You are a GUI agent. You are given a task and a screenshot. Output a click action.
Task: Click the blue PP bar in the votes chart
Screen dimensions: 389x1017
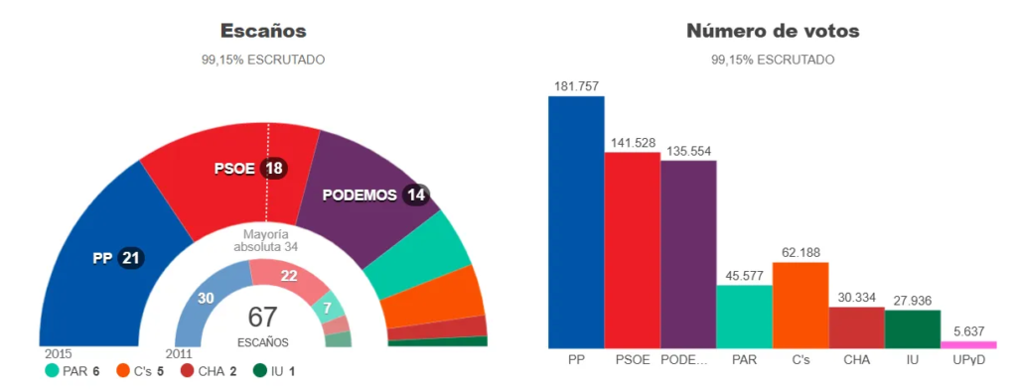pyautogui.click(x=576, y=223)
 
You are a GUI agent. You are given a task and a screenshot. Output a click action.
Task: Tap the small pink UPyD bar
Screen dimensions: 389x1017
pyautogui.click(x=968, y=343)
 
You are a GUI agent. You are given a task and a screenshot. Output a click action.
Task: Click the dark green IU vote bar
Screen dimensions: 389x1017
pyautogui.click(x=912, y=328)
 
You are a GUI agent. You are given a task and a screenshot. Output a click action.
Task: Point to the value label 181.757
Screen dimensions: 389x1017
pyautogui.click(x=576, y=86)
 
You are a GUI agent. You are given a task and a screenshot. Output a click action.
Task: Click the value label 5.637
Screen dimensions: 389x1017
pyautogui.click(x=968, y=332)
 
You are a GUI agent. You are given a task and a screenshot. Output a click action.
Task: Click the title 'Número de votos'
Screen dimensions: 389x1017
pyautogui.click(x=773, y=32)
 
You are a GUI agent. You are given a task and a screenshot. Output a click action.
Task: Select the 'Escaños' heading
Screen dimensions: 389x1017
pyautogui.click(x=263, y=32)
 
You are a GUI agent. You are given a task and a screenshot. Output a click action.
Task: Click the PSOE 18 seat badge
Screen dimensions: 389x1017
pyautogui.click(x=273, y=169)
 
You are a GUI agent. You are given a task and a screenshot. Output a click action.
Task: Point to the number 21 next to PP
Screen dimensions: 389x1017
pyautogui.click(x=131, y=258)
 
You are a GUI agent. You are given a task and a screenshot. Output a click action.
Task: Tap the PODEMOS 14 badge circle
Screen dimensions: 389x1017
pyautogui.click(x=416, y=194)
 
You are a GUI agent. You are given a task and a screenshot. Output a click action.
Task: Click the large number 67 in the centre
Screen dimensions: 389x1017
pyautogui.click(x=263, y=318)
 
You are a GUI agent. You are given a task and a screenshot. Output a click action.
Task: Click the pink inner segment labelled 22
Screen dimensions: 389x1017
pyautogui.click(x=290, y=275)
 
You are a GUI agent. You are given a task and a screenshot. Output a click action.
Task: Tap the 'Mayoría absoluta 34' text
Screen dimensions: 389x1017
pyautogui.click(x=265, y=239)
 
